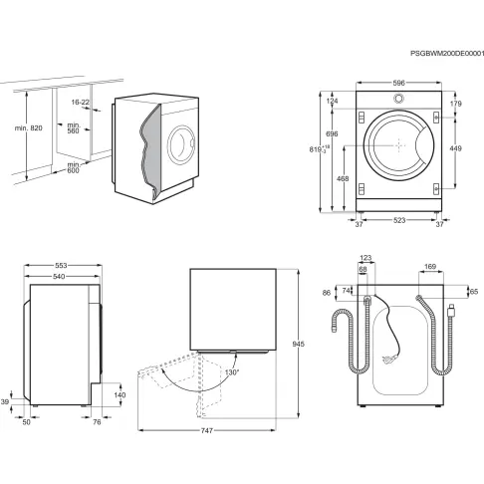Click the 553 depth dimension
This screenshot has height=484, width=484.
(x=62, y=267)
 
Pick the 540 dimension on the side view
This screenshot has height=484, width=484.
(x=60, y=277)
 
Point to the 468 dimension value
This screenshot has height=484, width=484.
(x=343, y=178)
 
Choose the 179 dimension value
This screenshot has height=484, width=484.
(x=455, y=104)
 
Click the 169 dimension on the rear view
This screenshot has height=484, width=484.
(x=430, y=267)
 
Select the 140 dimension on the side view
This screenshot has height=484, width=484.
(x=121, y=394)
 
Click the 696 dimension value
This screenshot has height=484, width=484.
(x=331, y=132)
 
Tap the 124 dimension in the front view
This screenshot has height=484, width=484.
(x=331, y=101)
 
